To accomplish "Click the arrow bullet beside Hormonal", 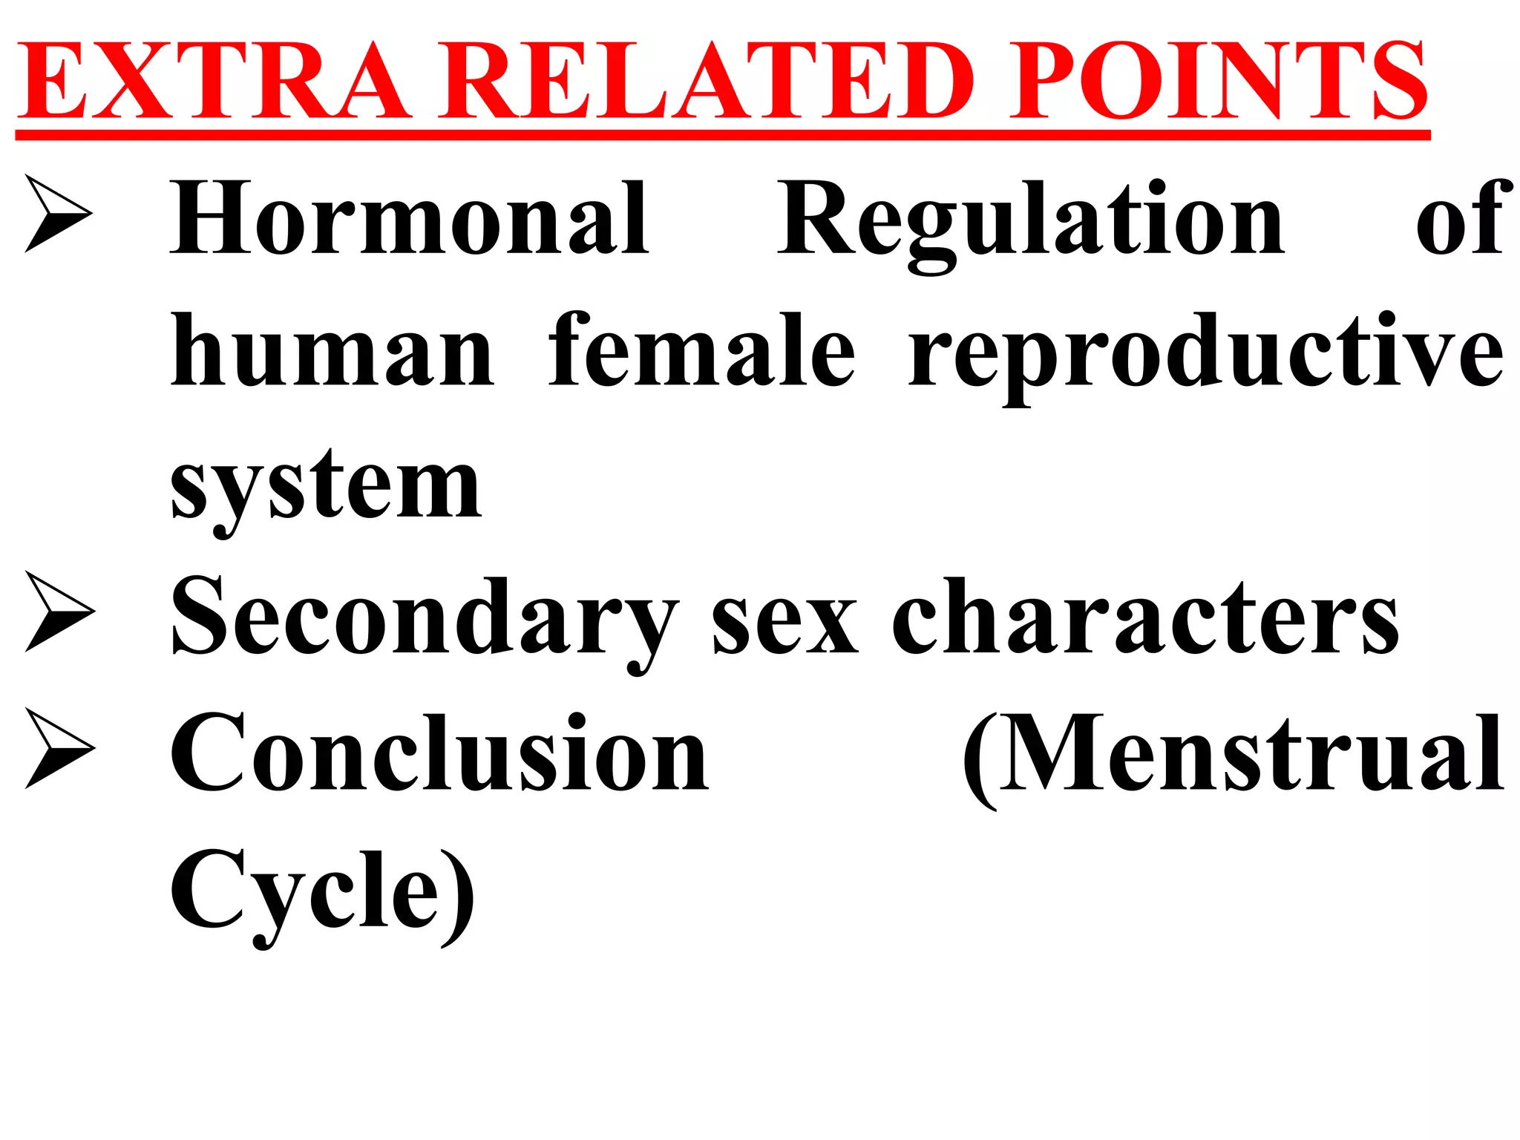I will coord(58,214).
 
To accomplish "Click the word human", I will coord(332,350).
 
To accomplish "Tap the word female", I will coord(702,350).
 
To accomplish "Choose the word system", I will coord(327,487).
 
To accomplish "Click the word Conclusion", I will coord(439,753).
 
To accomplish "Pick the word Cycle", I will coord(304,891).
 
